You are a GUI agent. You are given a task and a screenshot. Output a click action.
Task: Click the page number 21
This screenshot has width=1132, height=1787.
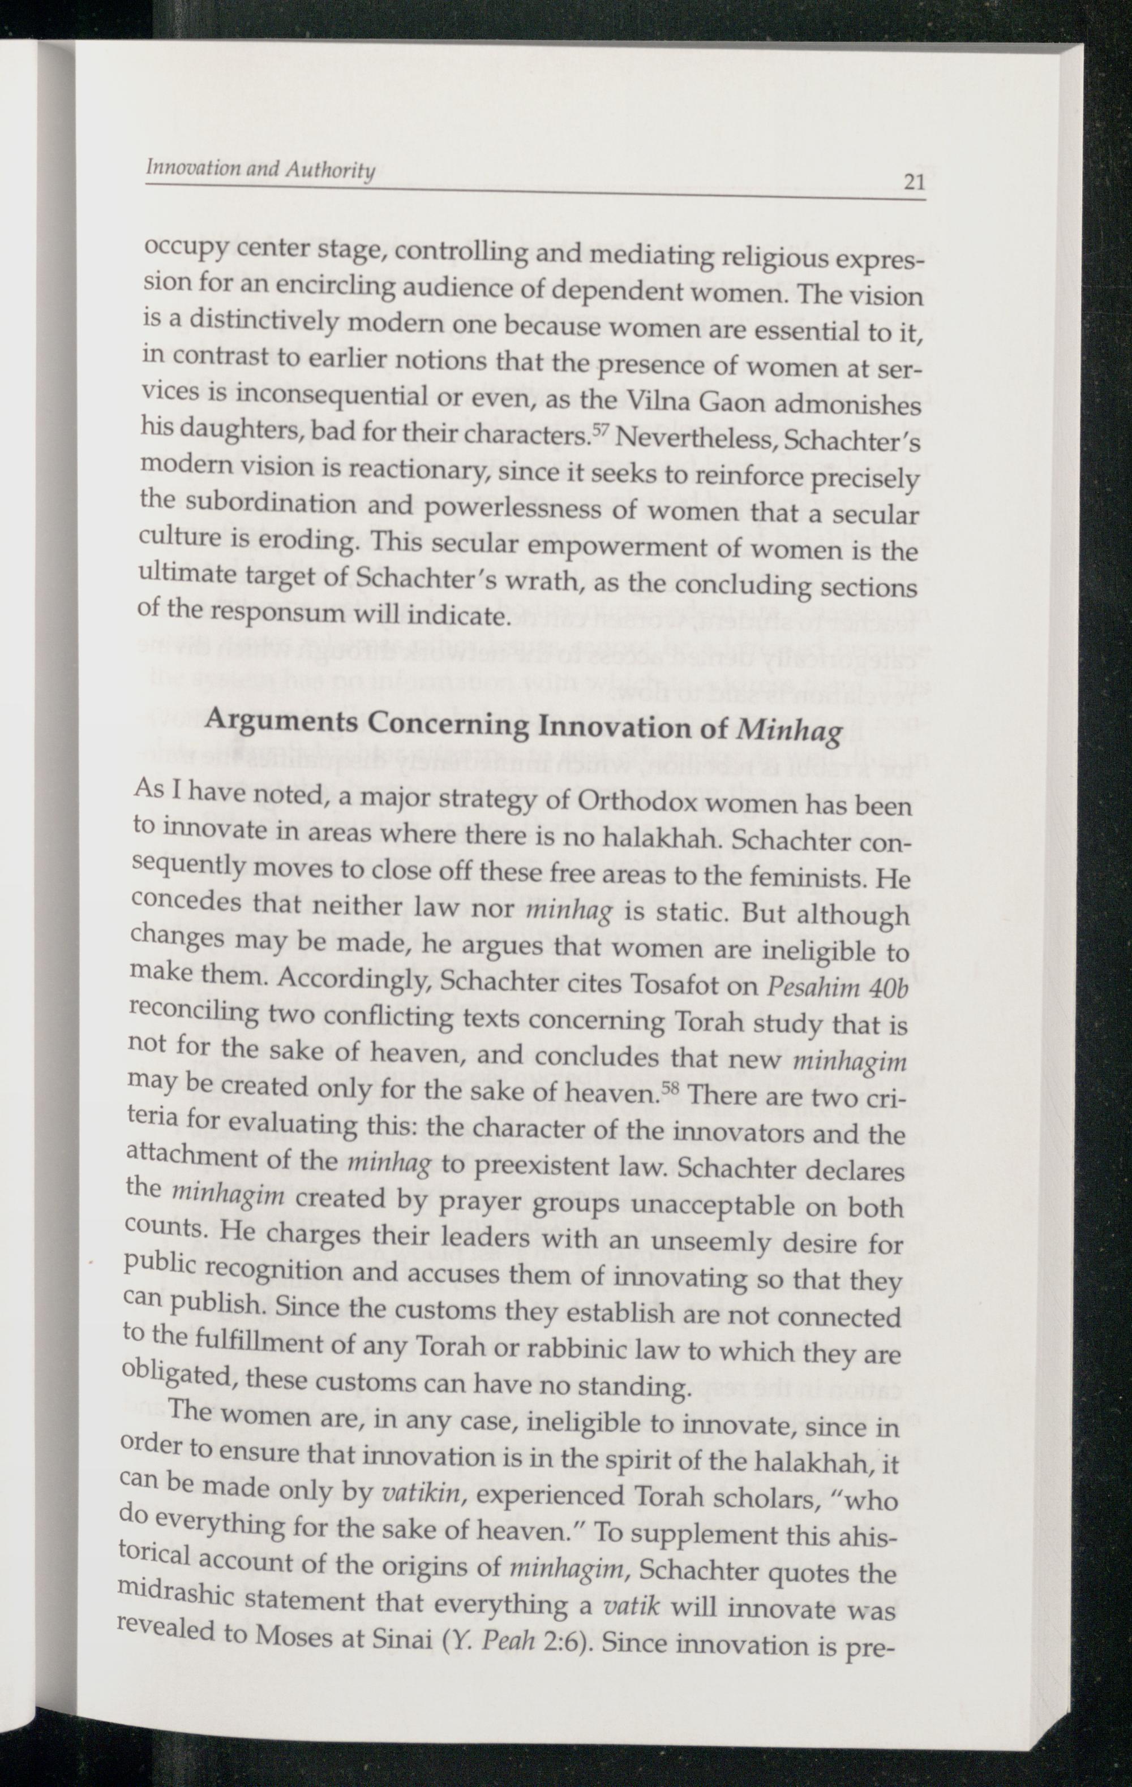914,181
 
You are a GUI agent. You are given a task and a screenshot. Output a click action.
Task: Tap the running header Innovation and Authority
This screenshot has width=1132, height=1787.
260,170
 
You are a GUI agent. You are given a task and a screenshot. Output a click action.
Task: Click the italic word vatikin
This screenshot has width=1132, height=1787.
420,1492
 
